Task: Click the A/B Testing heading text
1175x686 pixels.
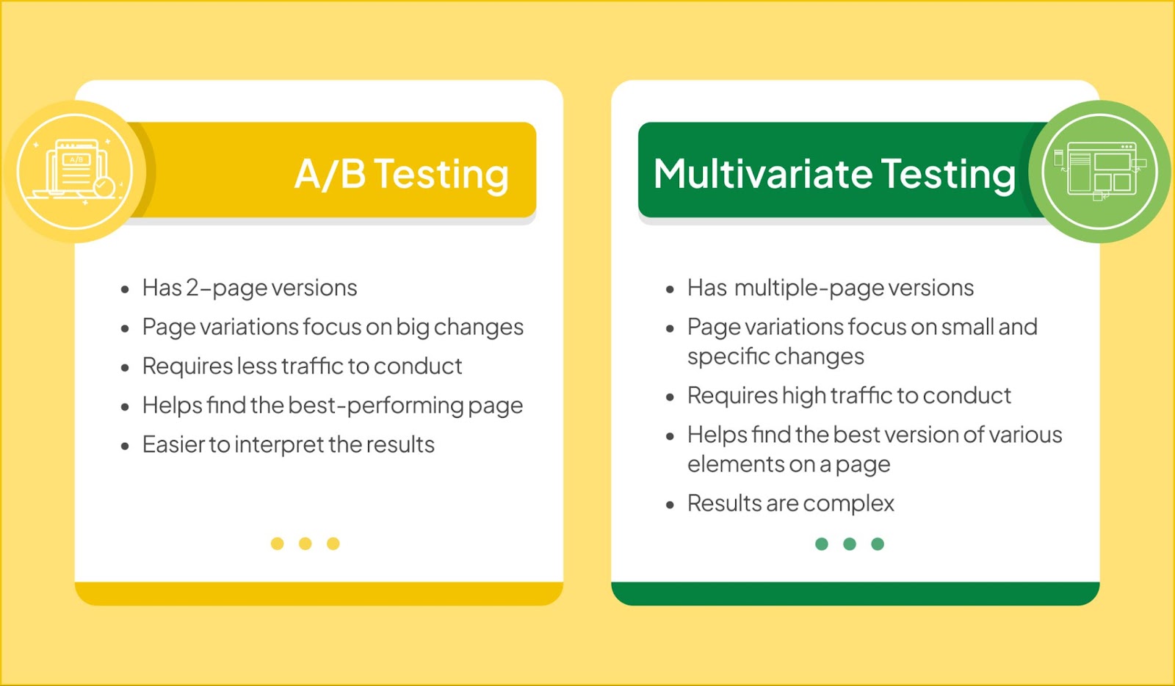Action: click(401, 174)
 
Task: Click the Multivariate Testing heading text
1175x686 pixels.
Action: click(834, 174)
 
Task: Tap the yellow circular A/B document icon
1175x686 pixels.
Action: click(74, 172)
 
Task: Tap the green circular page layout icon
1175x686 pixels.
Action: click(1099, 172)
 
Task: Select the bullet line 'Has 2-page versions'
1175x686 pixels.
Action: click(250, 288)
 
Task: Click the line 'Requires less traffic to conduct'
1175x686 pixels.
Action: click(302, 366)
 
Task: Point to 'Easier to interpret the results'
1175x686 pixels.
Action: click(289, 445)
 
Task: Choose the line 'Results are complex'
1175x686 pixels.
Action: click(790, 504)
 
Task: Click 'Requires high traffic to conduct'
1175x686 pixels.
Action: click(849, 395)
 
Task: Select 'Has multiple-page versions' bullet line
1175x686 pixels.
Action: click(831, 288)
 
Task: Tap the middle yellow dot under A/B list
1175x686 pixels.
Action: click(305, 544)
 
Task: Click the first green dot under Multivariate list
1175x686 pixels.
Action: click(822, 544)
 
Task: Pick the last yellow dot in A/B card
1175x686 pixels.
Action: click(333, 544)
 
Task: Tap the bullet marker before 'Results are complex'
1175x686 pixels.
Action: click(670, 505)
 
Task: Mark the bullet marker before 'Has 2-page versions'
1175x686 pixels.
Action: click(125, 289)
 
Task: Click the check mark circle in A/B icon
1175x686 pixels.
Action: click(104, 187)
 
